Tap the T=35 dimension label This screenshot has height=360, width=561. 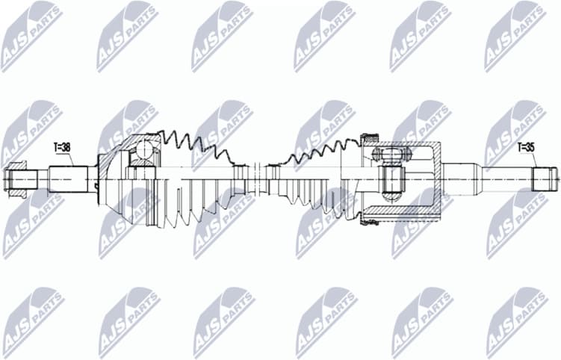(526, 147)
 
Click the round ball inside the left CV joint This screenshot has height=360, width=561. (142, 153)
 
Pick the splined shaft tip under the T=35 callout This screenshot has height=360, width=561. (545, 179)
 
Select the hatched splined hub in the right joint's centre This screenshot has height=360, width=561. (391, 179)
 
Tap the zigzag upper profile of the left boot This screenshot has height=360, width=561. (198, 146)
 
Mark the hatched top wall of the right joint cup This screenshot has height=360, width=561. (407, 144)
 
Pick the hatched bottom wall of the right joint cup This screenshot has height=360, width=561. (407, 214)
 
